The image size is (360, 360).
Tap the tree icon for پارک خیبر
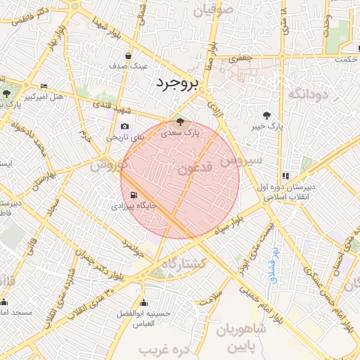pyautogui.click(x=266, y=115)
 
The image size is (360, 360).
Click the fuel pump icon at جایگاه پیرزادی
pyautogui.click(x=134, y=196)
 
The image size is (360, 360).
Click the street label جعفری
pyautogui.click(x=243, y=61)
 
